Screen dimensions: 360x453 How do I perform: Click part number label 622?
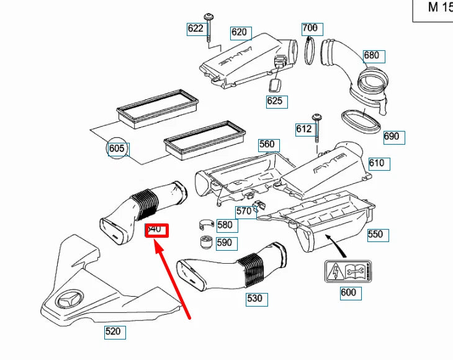coord(195,28)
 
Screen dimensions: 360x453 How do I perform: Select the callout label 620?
coord(239,32)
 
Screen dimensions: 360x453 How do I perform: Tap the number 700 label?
coord(310,28)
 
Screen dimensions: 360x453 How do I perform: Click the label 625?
coord(274,101)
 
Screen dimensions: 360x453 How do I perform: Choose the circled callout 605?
coord(117,149)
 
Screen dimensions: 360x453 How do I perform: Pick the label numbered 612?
coord(303,128)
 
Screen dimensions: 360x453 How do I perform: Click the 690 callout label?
coord(392,137)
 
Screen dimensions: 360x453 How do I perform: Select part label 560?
coord(266,145)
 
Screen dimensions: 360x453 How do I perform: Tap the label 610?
coord(377,163)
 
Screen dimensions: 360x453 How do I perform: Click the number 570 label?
coord(244,211)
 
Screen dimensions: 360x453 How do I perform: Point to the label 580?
coord(224,225)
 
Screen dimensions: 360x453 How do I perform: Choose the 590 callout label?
coord(224,243)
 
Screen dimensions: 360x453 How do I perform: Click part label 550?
coord(375,235)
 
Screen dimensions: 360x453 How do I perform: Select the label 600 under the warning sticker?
coord(348,292)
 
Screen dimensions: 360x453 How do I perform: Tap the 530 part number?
coord(254,299)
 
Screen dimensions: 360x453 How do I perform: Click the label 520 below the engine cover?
coord(113,331)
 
